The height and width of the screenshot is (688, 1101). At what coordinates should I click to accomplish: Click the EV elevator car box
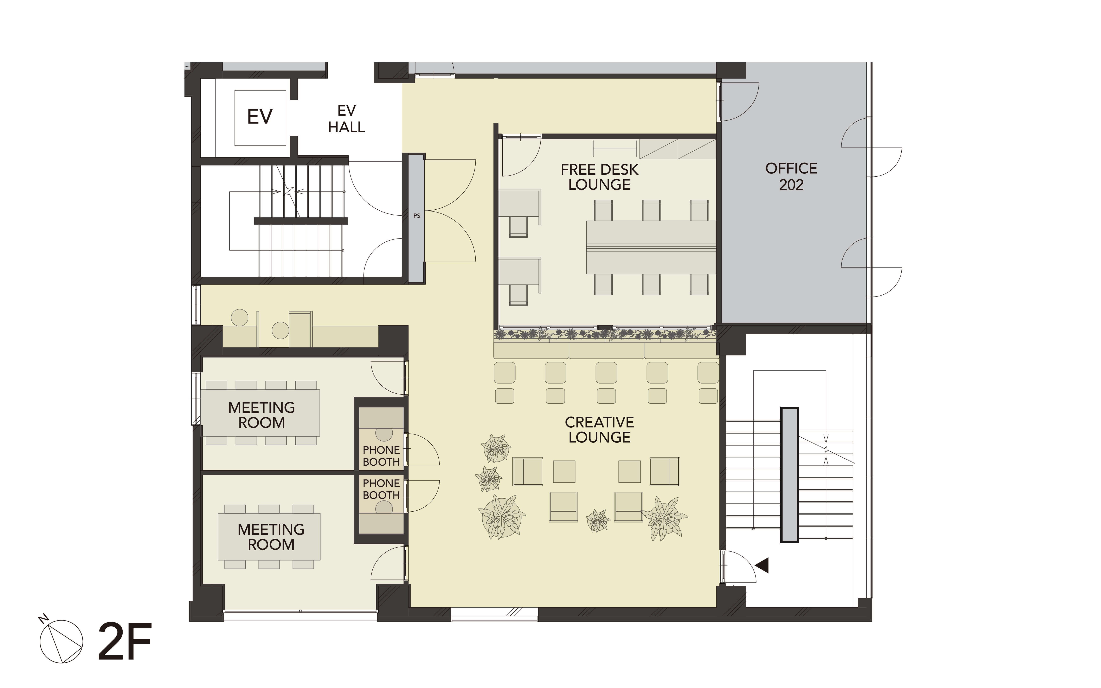pyautogui.click(x=260, y=118)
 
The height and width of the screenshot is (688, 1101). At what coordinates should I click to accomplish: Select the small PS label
pyautogui.click(x=417, y=216)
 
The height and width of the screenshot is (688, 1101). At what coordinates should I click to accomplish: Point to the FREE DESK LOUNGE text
pyautogui.click(x=599, y=177)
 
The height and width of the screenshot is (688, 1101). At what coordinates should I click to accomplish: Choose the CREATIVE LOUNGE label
pyautogui.click(x=599, y=430)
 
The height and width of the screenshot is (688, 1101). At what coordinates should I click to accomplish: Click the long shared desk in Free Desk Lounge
pyautogui.click(x=651, y=247)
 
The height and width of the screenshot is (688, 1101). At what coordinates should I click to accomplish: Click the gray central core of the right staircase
pyautogui.click(x=790, y=475)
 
